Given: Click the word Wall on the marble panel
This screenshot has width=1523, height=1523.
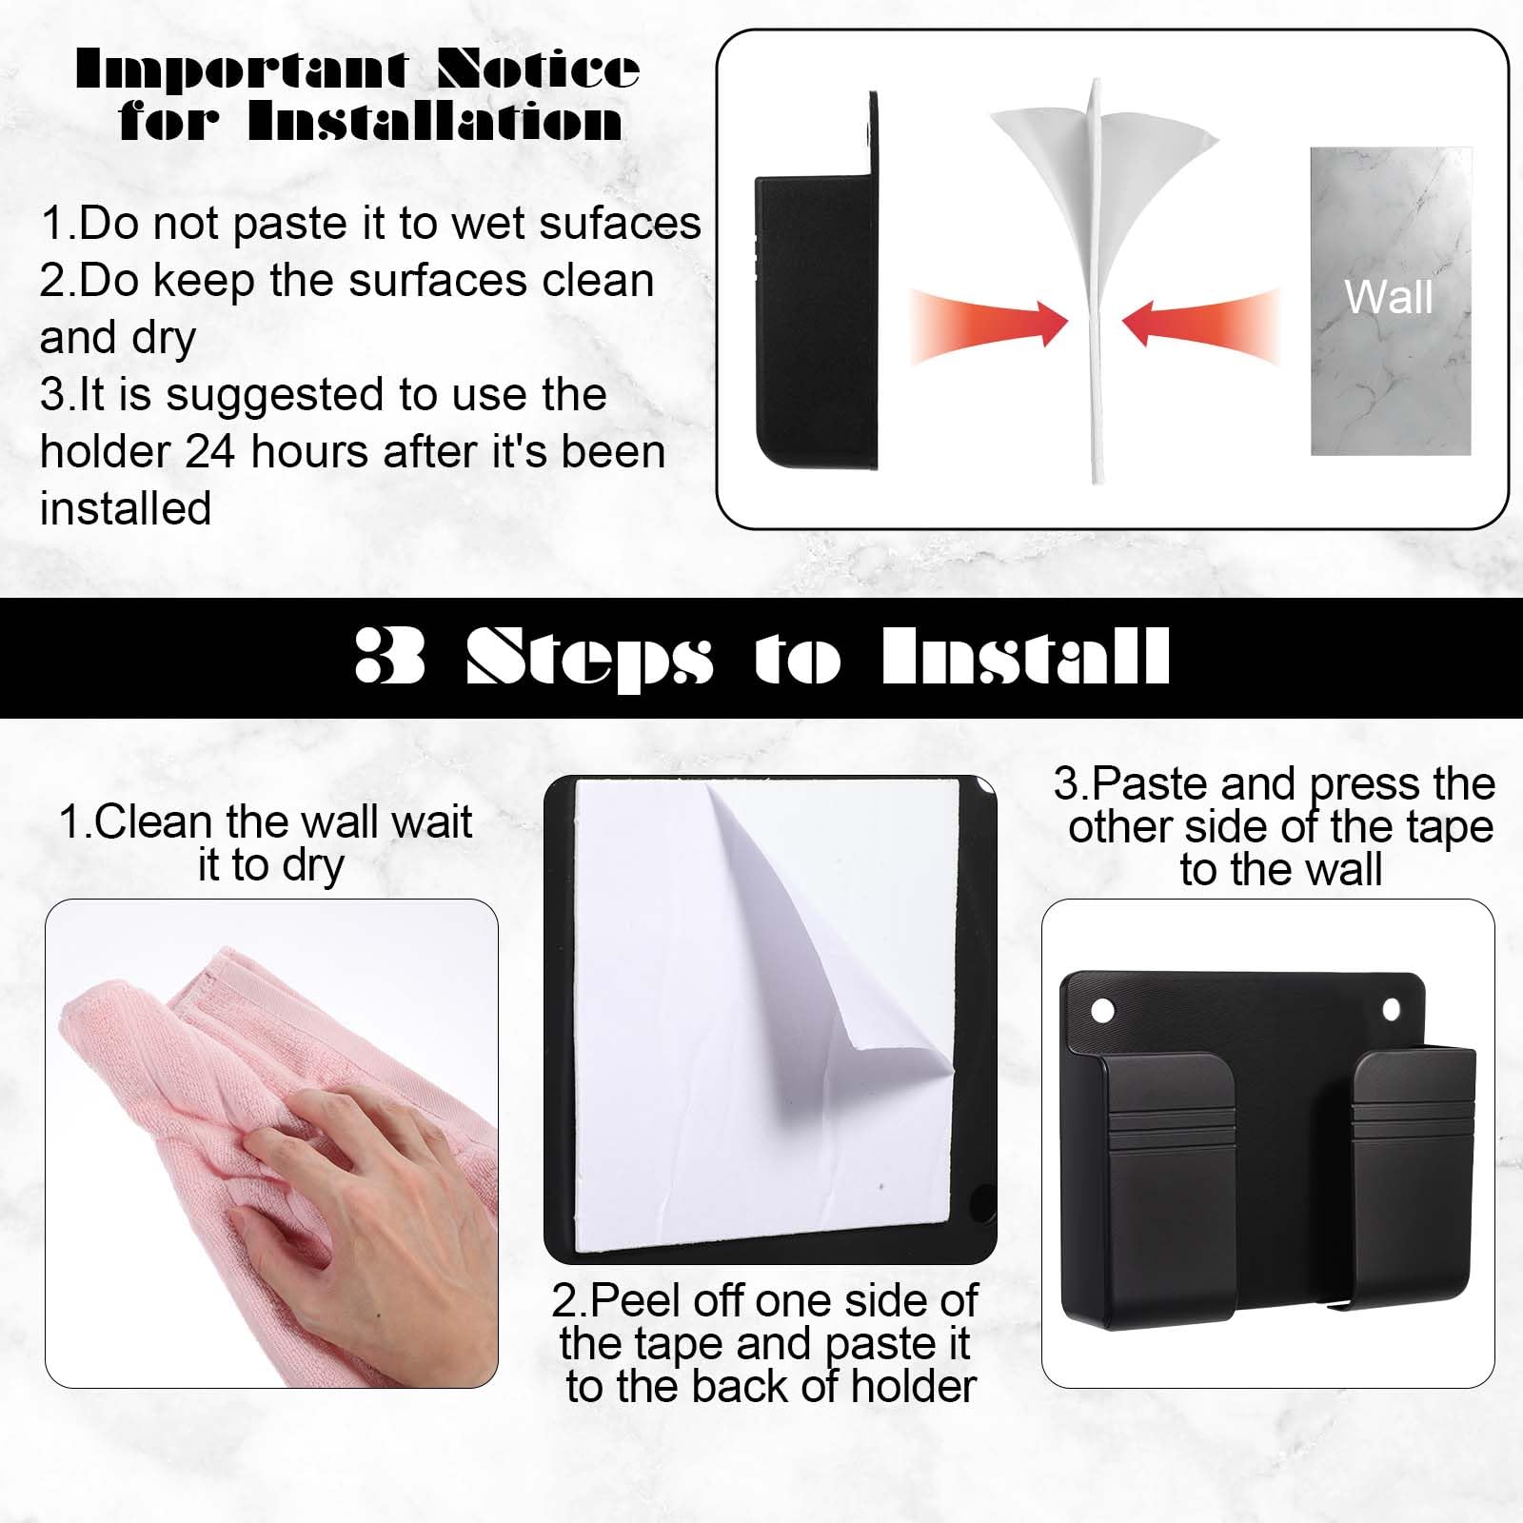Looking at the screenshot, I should click(1389, 297).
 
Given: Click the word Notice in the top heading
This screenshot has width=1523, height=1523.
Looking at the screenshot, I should click(538, 69).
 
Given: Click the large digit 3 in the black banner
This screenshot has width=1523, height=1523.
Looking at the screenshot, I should click(389, 656).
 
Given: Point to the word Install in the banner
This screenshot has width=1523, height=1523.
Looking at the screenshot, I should click(1025, 656).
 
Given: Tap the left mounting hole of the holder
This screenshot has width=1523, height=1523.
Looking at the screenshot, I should click(1103, 1010).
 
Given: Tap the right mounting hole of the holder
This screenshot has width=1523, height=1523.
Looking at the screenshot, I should click(1391, 1008).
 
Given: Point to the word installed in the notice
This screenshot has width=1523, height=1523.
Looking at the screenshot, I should click(126, 508).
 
